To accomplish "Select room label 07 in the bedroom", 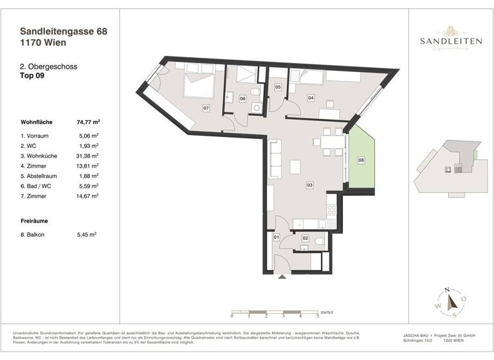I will (206, 108).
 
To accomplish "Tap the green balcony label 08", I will (361, 159).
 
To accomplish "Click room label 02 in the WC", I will (305, 239).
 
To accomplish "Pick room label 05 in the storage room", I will (278, 87).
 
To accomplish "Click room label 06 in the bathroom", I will (242, 98).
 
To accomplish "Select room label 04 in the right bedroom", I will (311, 98).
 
